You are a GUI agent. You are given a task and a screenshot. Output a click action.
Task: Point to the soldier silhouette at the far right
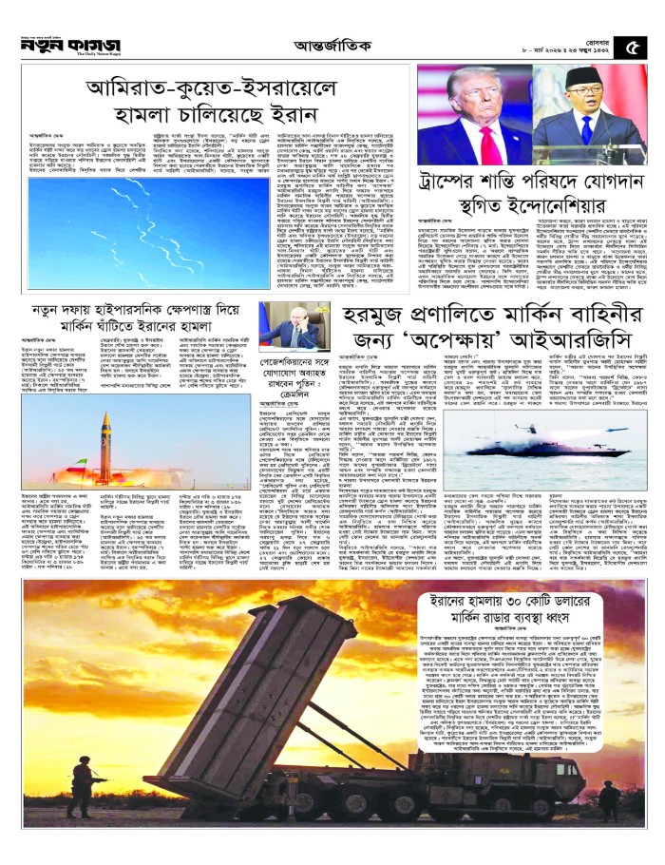click(x=614, y=794)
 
